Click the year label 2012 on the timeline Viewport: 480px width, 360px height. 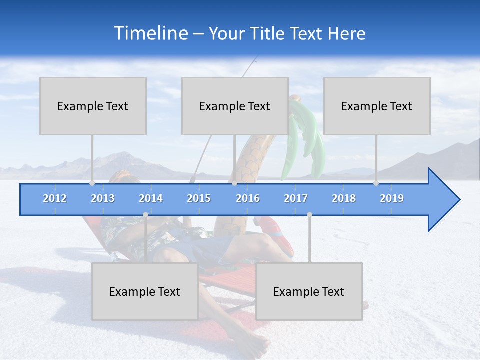coord(55,198)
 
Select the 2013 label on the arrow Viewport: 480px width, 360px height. coord(103,198)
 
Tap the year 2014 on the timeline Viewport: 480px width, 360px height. coord(151,198)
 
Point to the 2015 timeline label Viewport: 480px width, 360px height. coord(199,198)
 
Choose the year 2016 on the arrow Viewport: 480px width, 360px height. coord(248,198)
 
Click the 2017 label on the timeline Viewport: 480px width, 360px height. coord(296,198)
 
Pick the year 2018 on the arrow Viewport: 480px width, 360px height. coord(344,198)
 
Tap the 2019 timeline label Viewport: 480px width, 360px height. coord(392,198)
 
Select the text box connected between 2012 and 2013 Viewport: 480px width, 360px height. coord(93,106)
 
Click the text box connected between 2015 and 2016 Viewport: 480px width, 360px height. coord(235,106)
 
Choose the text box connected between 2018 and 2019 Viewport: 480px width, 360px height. coord(377,106)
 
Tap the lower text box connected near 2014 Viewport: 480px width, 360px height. coord(145,291)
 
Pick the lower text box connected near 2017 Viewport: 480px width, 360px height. coord(309,291)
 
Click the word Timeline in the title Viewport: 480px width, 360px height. coord(150,33)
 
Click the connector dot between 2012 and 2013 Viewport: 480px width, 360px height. coord(92,183)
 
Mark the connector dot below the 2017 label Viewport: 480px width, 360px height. coord(309,214)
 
